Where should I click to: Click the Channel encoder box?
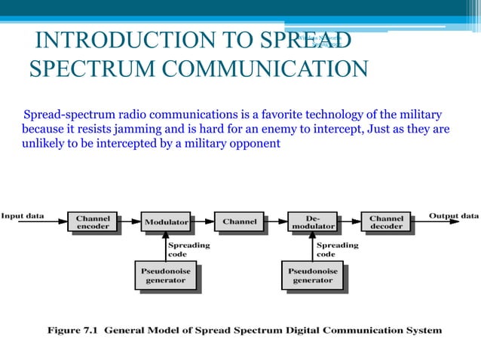[x=93, y=221]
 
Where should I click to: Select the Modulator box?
[x=166, y=222]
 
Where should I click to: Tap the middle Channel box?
[x=239, y=221]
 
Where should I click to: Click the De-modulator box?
[x=312, y=221]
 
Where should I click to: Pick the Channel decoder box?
[x=386, y=221]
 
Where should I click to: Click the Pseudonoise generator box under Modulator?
[x=165, y=275]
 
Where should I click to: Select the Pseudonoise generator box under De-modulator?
[x=312, y=275]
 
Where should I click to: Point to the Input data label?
[x=23, y=216]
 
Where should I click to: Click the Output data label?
[x=454, y=216]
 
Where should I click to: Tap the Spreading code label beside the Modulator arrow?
[x=188, y=249]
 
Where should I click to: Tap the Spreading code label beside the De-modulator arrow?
[x=337, y=249]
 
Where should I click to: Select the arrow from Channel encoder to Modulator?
[x=129, y=222]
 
